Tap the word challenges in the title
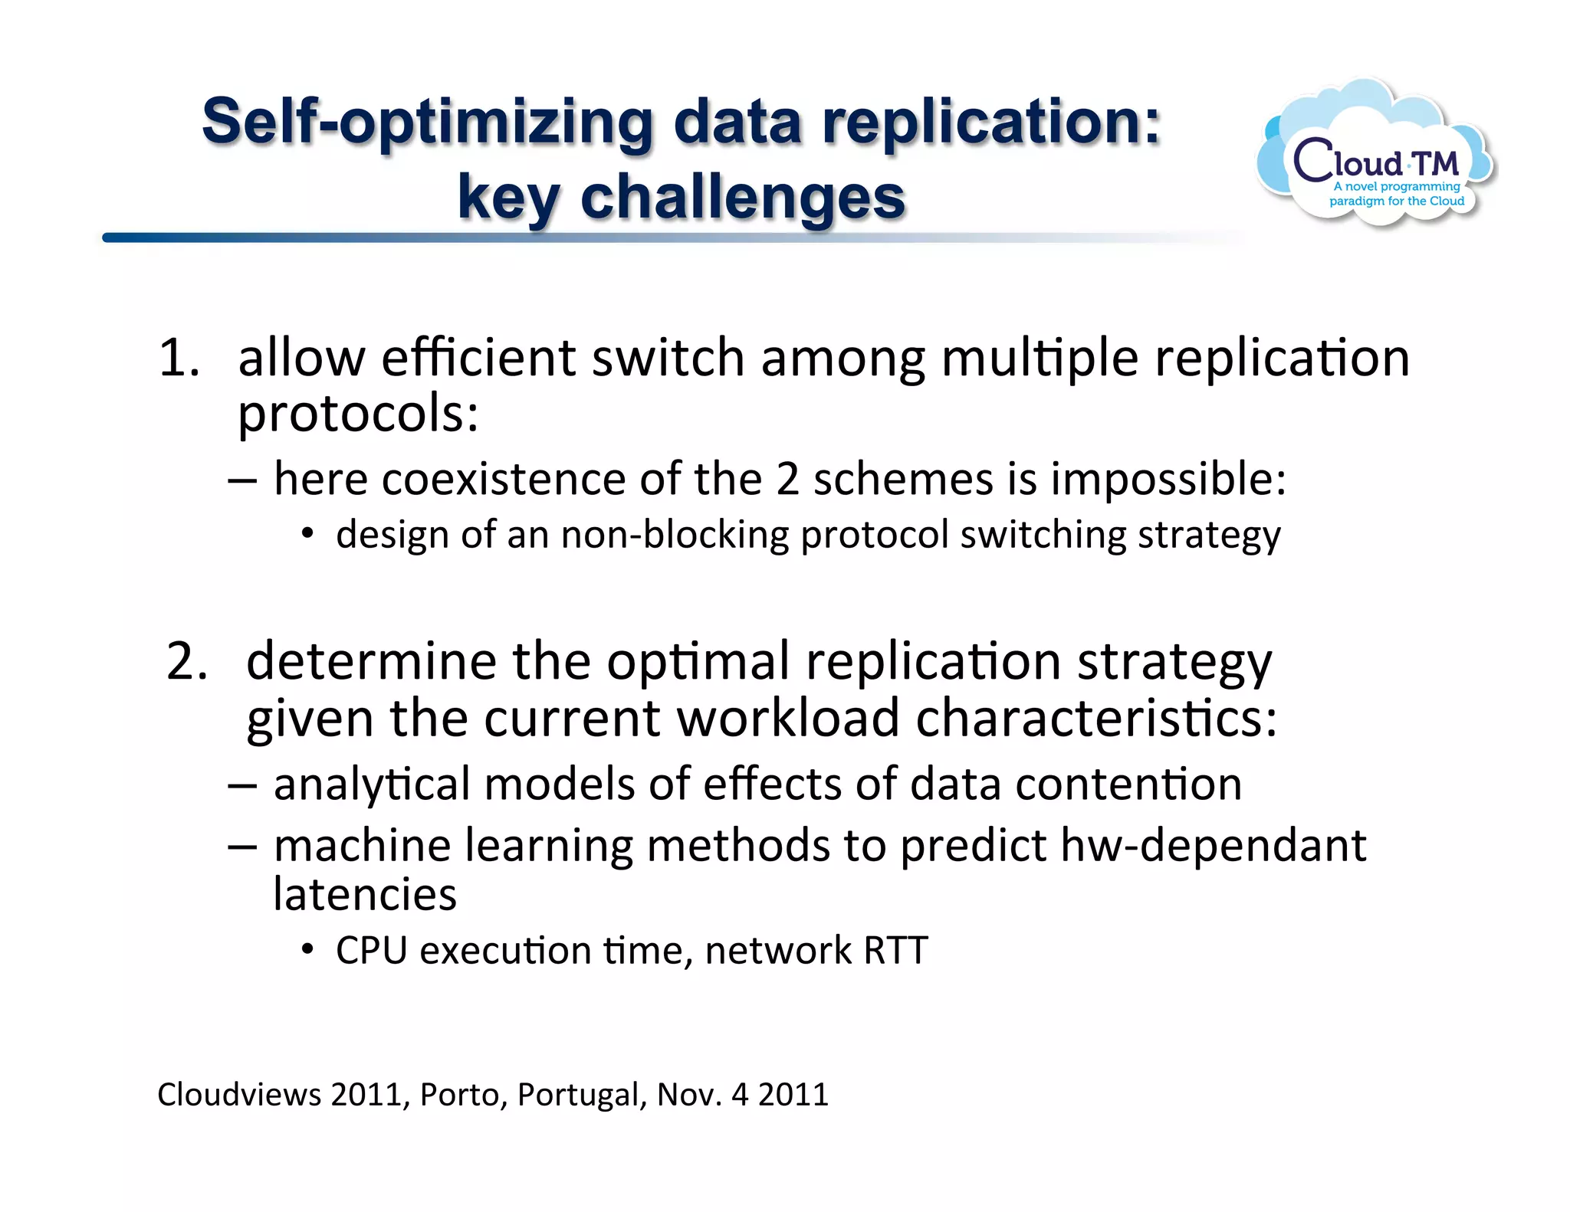[742, 198]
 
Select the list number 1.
[178, 359]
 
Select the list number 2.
[186, 661]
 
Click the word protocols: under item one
[358, 414]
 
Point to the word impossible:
[1168, 480]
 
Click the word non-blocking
[675, 535]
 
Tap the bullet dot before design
[307, 534]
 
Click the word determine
[371, 661]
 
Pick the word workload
[787, 719]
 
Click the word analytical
[372, 785]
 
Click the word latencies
[365, 895]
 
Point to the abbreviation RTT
[895, 951]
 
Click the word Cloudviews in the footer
[239, 1094]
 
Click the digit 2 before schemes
[787, 480]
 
